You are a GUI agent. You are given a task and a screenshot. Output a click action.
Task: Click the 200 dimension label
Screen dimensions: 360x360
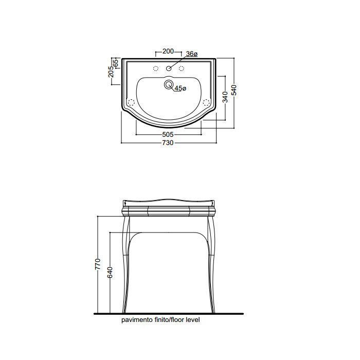[x=168, y=51]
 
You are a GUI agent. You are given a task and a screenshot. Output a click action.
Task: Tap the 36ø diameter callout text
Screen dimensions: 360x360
[x=191, y=54]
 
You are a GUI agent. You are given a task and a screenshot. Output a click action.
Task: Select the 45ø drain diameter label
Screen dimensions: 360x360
[x=181, y=88]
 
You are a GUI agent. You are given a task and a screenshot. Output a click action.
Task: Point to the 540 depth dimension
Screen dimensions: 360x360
[x=234, y=90]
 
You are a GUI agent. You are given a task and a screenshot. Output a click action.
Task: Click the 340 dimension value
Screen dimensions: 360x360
[x=225, y=97]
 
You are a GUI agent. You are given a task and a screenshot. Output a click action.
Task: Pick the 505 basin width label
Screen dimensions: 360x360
[x=168, y=134]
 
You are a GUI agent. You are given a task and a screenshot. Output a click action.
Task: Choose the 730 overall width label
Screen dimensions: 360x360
[x=168, y=143]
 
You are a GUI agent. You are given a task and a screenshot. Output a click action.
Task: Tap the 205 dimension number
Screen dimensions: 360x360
[x=111, y=71]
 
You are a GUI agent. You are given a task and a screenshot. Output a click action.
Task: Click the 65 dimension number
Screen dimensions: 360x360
[x=116, y=63]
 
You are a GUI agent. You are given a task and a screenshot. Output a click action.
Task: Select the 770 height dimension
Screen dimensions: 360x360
[x=98, y=264]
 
